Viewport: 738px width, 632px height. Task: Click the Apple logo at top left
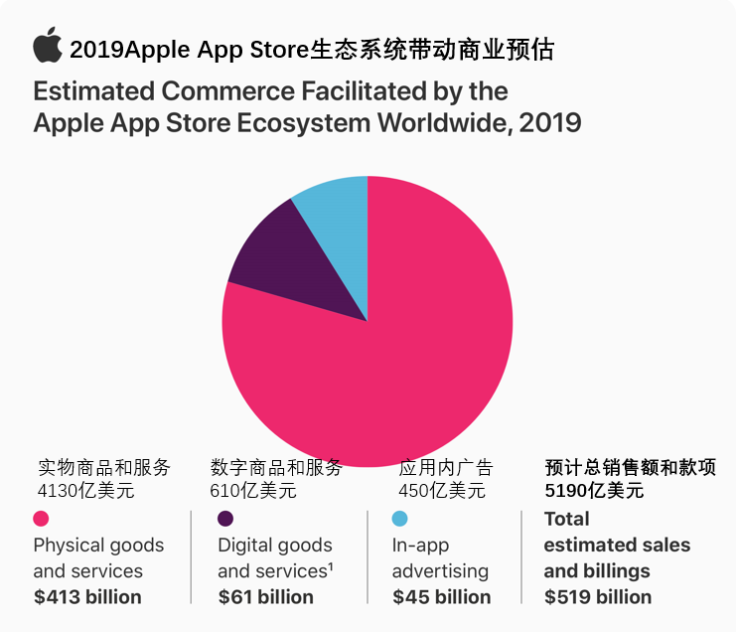click(47, 46)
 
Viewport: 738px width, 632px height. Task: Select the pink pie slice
click(397, 358)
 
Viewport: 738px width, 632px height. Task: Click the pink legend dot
click(42, 519)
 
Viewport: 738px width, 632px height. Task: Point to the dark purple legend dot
click(225, 519)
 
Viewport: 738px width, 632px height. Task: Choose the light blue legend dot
click(399, 519)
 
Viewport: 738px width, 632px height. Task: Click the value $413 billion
click(87, 597)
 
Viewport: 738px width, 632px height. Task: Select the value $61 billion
click(265, 597)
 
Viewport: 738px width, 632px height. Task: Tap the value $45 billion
click(441, 597)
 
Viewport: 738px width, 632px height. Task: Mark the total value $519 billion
click(598, 597)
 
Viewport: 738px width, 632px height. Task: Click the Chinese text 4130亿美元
click(85, 490)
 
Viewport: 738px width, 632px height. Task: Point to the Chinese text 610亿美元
click(253, 490)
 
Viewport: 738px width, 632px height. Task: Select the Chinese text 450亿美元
click(442, 490)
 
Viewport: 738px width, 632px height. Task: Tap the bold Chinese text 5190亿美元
click(595, 490)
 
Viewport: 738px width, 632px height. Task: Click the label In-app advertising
click(440, 557)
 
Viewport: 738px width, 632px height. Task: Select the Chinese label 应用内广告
click(446, 468)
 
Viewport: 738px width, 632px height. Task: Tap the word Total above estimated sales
click(566, 519)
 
